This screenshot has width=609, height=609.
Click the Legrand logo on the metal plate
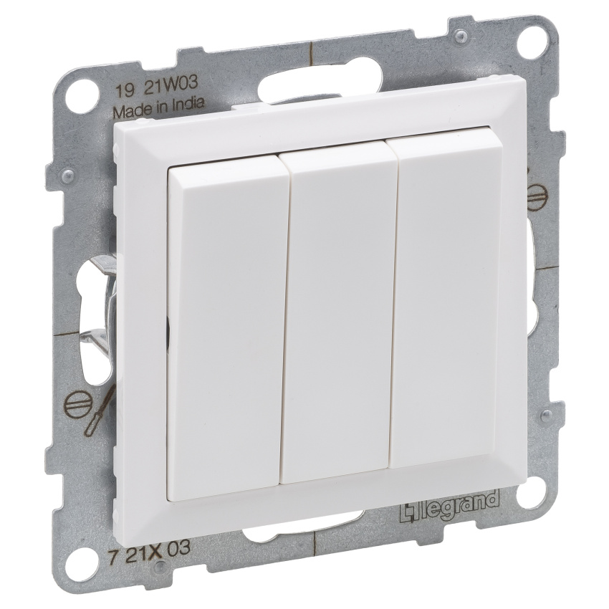[x=449, y=505]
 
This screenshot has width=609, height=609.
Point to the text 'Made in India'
[x=158, y=105]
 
